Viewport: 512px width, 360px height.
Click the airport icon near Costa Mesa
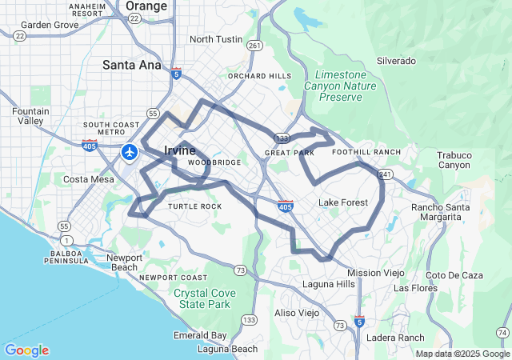click(x=130, y=151)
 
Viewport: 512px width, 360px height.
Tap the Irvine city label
click(x=179, y=150)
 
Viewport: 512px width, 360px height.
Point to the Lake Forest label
click(x=343, y=202)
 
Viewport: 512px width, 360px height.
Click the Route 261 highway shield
click(x=254, y=46)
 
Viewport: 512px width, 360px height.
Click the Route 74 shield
click(x=502, y=333)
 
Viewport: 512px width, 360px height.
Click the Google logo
click(x=26, y=350)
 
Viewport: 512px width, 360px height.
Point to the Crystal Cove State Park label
click(x=205, y=298)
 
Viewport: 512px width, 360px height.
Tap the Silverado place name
click(x=396, y=61)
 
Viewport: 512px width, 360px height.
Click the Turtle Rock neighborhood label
click(x=194, y=206)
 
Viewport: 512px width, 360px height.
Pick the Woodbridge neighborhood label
click(x=214, y=162)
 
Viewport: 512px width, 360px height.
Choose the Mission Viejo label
click(x=376, y=273)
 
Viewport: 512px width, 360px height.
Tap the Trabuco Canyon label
click(x=454, y=160)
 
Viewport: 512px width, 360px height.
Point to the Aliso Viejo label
click(x=296, y=313)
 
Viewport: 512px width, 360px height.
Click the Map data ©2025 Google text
click(x=462, y=354)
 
